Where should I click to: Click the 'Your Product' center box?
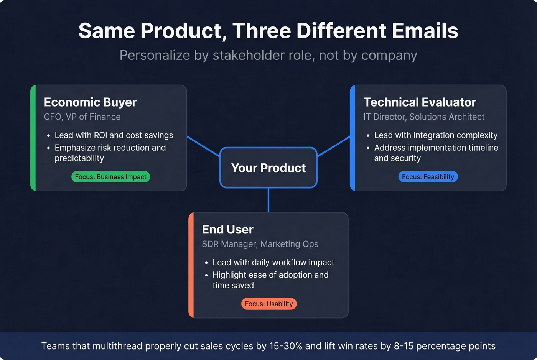(x=268, y=168)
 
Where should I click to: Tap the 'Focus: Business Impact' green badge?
(x=110, y=177)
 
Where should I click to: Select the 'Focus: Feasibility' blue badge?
(x=428, y=177)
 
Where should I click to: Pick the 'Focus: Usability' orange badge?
(x=268, y=304)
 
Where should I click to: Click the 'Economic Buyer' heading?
(x=90, y=102)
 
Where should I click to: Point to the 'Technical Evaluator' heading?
(x=420, y=102)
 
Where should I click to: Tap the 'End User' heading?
(x=227, y=230)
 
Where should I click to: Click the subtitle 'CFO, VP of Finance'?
(x=82, y=117)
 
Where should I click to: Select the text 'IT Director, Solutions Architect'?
(x=424, y=117)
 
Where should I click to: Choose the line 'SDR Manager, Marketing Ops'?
(x=260, y=244)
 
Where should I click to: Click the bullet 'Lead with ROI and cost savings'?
(x=114, y=135)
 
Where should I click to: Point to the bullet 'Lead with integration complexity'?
(x=436, y=135)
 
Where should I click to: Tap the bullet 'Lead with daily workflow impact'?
(x=273, y=263)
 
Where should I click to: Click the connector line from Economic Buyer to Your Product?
(x=203, y=146)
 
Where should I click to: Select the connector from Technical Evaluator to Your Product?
(x=334, y=146)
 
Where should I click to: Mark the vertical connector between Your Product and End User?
(x=268, y=200)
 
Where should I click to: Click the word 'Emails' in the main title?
(x=425, y=31)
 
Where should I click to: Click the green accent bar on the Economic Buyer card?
(x=33, y=138)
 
